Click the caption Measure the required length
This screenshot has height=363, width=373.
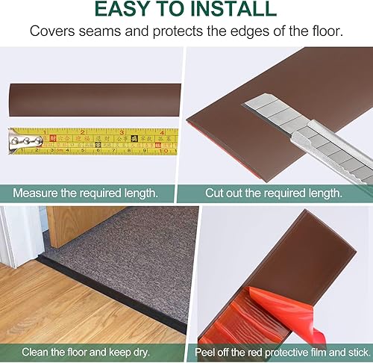(85, 192)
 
